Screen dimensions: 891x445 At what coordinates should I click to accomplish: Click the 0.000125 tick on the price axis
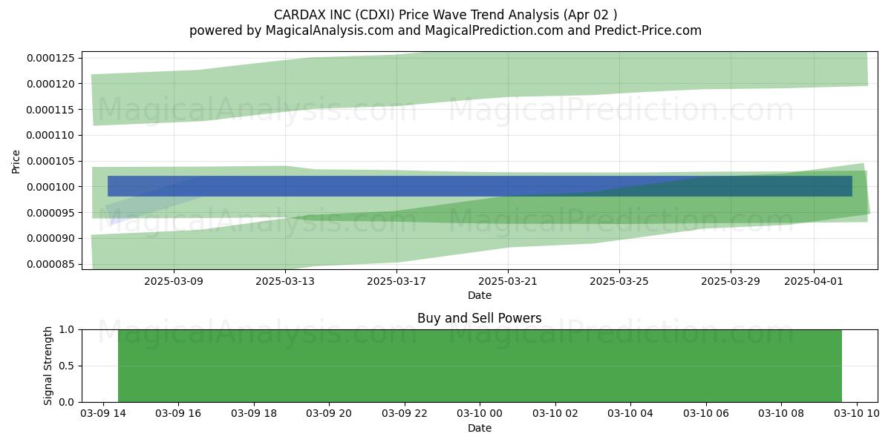coord(50,58)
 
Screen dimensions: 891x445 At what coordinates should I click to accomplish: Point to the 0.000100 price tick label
coord(50,187)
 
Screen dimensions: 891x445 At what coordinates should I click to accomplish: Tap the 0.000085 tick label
coord(50,264)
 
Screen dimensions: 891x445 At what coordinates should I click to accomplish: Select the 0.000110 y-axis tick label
coord(50,135)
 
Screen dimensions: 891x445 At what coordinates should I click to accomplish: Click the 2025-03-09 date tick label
coord(174,281)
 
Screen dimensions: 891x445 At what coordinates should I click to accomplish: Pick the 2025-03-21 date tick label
coord(508,281)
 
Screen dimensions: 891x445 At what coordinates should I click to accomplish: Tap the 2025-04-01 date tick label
coord(814,281)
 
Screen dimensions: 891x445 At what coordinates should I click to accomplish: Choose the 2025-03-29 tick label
coord(731,281)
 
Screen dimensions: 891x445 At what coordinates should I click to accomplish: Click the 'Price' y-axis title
coord(16,162)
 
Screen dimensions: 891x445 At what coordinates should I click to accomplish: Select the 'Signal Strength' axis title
coord(48,366)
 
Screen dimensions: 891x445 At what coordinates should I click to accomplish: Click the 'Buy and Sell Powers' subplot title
coord(480,318)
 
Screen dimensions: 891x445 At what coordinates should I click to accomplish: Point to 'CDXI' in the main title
coord(375,15)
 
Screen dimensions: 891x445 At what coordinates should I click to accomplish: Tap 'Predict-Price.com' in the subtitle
coord(648,30)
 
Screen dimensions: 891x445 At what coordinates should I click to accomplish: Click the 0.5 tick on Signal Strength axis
coord(66,366)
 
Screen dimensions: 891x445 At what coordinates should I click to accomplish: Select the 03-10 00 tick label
coord(480,414)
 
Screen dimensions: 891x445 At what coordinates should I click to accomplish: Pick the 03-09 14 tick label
coord(103,414)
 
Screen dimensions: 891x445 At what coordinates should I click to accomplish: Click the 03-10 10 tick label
coord(856,414)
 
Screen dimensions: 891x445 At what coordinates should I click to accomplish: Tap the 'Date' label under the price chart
coord(480,296)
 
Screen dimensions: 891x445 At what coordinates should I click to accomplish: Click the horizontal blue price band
coord(480,186)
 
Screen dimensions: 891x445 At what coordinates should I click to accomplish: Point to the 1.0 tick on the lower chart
coord(66,329)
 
